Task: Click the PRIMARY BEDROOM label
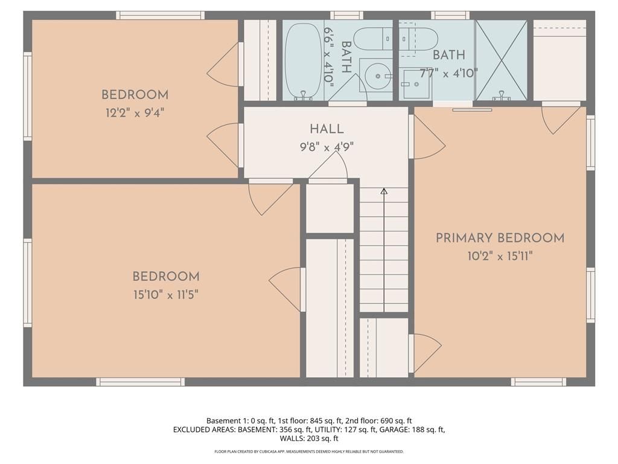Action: point(500,238)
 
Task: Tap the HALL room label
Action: point(327,129)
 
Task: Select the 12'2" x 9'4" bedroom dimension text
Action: point(135,113)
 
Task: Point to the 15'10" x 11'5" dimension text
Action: point(165,295)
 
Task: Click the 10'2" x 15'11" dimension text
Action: point(500,256)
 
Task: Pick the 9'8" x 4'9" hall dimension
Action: point(327,147)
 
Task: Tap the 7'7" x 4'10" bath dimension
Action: point(448,73)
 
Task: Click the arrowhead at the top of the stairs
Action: point(384,192)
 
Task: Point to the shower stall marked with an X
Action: point(501,60)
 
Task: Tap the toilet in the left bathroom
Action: point(373,39)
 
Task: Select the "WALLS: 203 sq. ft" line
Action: point(309,438)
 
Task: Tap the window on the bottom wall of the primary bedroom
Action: point(538,382)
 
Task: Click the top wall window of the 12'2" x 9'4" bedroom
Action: point(160,15)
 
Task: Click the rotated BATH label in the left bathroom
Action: point(346,57)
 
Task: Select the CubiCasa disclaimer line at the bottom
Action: point(309,451)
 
